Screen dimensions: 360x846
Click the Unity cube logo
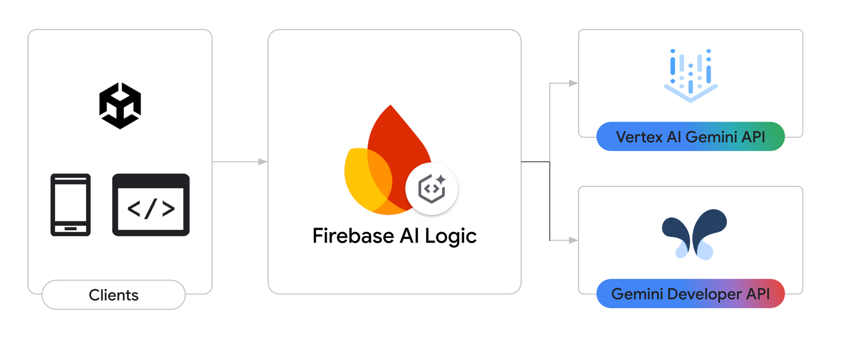(120, 106)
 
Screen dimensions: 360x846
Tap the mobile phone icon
(70, 205)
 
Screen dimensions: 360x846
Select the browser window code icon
(151, 205)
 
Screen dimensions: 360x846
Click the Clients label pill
(114, 295)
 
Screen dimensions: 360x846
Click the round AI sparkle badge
(431, 189)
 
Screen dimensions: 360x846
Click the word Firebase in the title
(353, 236)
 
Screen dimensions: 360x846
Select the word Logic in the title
(450, 236)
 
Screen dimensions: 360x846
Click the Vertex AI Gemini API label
(691, 137)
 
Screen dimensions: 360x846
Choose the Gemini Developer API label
(691, 294)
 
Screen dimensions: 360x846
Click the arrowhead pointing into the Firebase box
(263, 162)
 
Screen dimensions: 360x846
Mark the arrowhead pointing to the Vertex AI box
(573, 83)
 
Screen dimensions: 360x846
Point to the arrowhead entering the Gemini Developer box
(573, 240)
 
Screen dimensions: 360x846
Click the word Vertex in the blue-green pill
(639, 137)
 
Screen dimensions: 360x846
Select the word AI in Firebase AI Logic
(409, 236)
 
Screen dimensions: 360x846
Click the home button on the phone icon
(70, 229)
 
